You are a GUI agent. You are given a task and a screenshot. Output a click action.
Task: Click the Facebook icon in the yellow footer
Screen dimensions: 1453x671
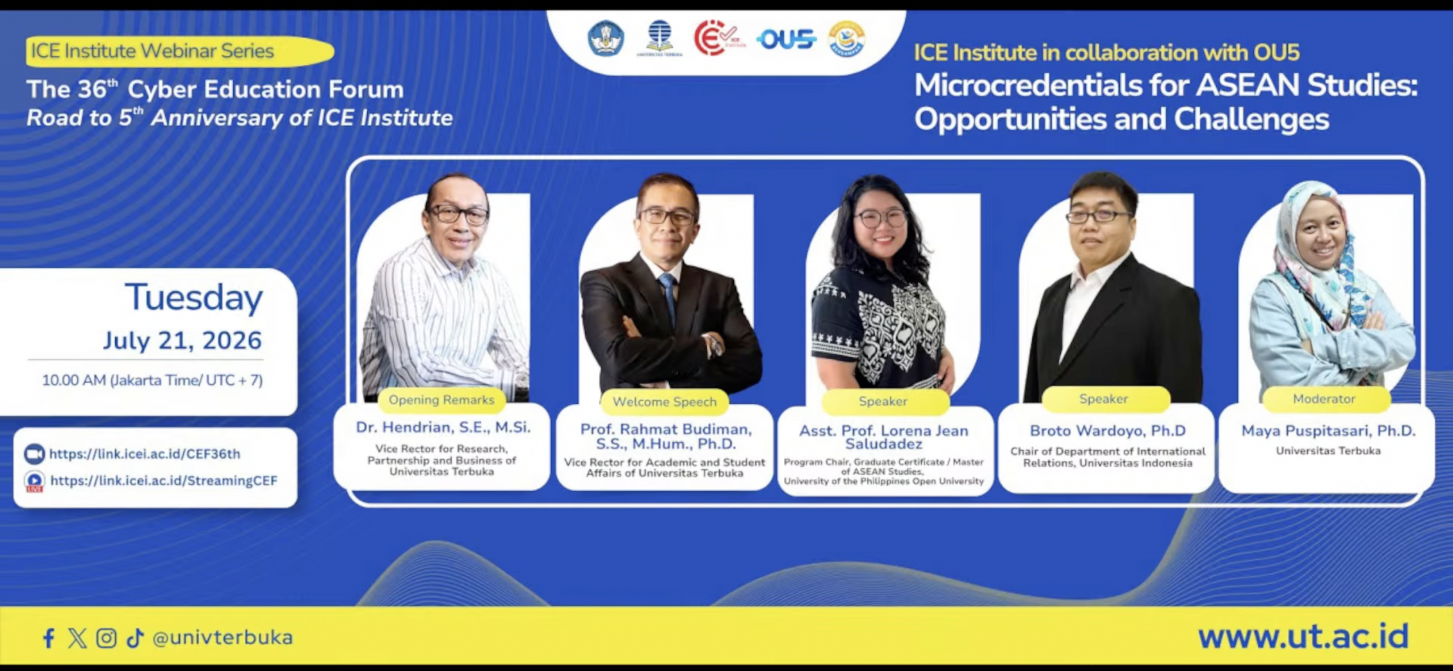click(x=49, y=638)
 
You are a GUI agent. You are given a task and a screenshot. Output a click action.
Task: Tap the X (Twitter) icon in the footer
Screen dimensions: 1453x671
click(x=77, y=638)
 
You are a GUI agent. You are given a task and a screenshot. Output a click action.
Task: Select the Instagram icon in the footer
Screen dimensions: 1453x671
click(x=106, y=638)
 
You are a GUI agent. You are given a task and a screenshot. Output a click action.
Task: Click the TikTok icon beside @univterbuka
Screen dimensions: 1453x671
click(x=135, y=638)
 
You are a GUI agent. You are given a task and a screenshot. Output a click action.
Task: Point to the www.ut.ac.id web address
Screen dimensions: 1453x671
click(x=1303, y=636)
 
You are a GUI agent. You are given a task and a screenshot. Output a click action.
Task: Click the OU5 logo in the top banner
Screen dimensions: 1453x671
click(x=786, y=39)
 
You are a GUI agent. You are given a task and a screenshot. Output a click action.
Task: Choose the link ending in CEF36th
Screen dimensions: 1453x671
click(x=145, y=454)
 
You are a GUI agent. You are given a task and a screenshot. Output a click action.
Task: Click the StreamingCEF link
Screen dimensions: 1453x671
click(x=163, y=481)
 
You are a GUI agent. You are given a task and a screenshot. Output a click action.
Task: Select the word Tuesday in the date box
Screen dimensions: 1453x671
click(x=194, y=297)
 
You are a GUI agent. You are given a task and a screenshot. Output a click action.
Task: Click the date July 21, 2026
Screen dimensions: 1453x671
click(x=182, y=341)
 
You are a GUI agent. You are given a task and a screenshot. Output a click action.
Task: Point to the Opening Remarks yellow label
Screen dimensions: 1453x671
click(x=442, y=400)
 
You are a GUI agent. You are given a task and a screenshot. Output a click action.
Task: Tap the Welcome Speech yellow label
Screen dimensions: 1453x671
click(x=665, y=402)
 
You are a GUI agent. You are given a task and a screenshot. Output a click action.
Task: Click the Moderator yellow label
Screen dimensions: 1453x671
click(x=1324, y=399)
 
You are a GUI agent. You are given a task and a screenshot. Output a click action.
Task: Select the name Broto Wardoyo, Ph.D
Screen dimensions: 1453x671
click(x=1108, y=431)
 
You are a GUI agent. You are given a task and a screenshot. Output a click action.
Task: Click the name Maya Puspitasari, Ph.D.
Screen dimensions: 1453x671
click(x=1329, y=431)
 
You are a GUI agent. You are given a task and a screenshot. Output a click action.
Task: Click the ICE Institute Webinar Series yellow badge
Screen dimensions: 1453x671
click(x=179, y=51)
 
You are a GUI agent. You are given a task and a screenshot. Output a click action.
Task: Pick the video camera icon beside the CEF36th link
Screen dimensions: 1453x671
click(x=34, y=454)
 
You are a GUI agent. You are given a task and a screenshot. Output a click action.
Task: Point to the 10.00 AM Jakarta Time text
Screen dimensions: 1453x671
click(x=152, y=380)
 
